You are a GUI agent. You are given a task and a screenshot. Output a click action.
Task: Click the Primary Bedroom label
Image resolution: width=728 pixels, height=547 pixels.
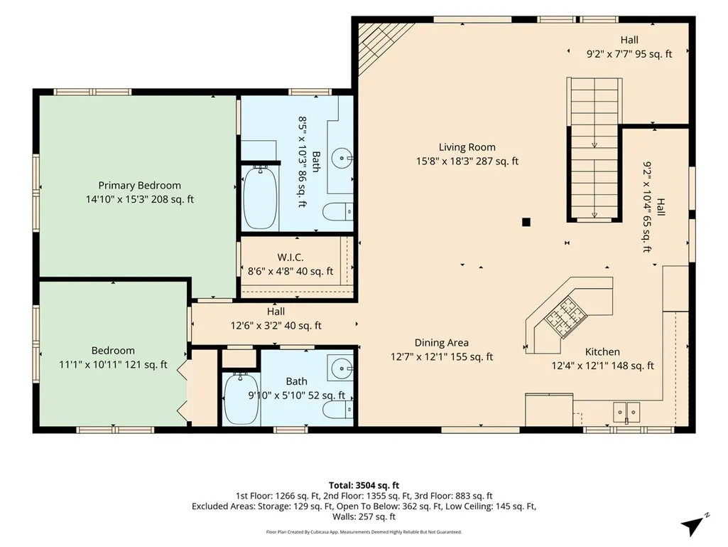[x=139, y=186]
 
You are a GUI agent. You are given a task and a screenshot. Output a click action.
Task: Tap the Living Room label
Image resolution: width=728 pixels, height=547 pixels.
[x=467, y=147]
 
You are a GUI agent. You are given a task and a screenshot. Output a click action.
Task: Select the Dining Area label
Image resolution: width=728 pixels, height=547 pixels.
[x=442, y=343]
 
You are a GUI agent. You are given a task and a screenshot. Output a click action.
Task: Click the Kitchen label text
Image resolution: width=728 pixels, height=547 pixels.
[x=602, y=351]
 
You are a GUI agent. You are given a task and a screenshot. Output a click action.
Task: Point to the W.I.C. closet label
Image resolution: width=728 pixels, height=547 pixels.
[x=290, y=257]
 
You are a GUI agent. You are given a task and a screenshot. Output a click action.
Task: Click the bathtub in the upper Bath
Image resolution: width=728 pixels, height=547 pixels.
[x=260, y=197]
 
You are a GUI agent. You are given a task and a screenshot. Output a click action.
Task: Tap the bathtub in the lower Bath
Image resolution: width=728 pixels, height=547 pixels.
[x=241, y=398]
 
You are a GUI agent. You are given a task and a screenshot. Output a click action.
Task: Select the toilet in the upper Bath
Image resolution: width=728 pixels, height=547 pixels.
[x=337, y=212]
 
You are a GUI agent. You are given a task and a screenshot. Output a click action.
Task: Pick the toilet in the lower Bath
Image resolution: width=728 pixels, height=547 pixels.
[x=337, y=410]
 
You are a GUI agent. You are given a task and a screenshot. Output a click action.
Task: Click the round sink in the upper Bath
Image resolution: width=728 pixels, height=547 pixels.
[x=343, y=158]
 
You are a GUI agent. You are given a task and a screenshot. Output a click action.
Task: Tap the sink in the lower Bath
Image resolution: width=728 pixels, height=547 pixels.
[x=342, y=368]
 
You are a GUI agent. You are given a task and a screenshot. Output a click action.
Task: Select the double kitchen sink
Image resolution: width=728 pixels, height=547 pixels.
[x=626, y=412]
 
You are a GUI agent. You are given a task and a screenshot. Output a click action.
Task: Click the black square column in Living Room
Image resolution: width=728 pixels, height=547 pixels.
[x=526, y=222]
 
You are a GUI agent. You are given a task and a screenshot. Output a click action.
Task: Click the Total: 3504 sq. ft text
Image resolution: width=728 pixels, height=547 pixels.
[x=364, y=486]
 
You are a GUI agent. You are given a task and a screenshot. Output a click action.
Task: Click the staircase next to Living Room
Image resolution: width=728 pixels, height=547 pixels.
[x=594, y=149]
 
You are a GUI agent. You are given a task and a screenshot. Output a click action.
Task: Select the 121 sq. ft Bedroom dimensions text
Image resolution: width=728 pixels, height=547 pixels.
[x=113, y=365]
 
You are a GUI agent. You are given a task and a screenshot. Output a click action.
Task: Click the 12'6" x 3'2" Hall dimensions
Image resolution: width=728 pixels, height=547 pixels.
[x=276, y=326]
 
